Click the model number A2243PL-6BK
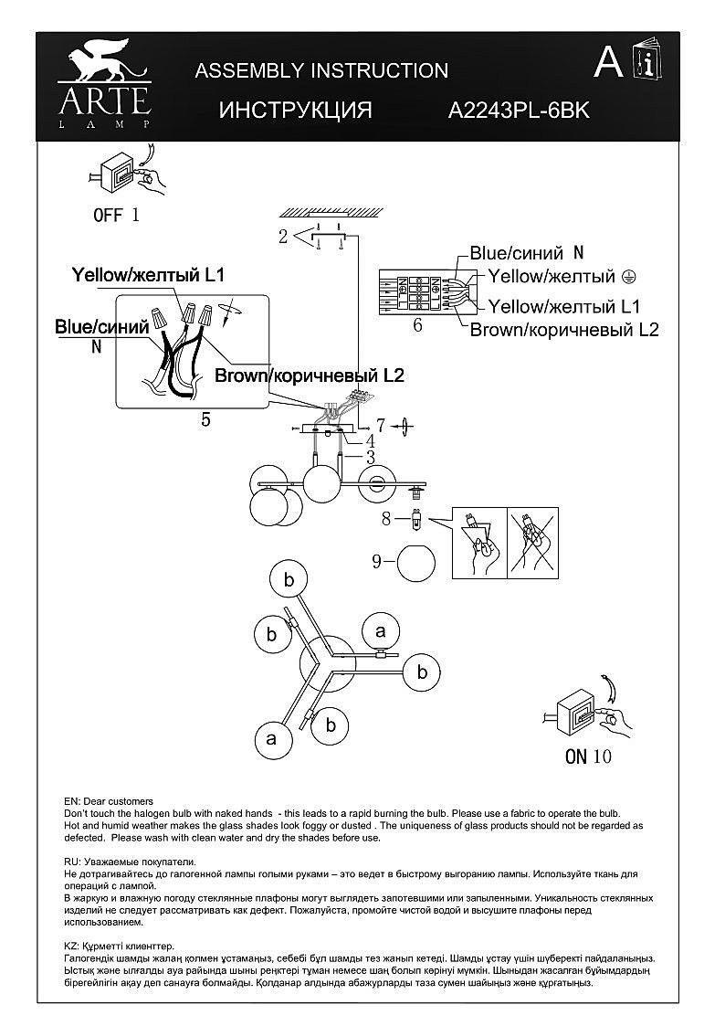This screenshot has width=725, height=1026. (x=519, y=111)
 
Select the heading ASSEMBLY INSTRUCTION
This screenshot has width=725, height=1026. (x=321, y=70)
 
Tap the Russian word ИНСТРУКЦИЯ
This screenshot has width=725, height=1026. (x=295, y=111)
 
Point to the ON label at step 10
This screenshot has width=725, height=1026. (x=575, y=756)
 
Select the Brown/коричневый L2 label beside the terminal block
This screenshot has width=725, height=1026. (x=563, y=330)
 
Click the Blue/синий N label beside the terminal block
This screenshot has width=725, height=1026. (x=526, y=253)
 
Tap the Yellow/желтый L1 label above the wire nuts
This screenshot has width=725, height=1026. (x=148, y=273)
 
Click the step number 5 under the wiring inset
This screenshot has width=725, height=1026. (x=205, y=419)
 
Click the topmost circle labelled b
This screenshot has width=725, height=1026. (x=289, y=579)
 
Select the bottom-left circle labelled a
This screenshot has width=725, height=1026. (x=270, y=738)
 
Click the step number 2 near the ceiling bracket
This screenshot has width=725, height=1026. (x=283, y=237)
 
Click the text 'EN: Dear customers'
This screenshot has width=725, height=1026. (x=109, y=800)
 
